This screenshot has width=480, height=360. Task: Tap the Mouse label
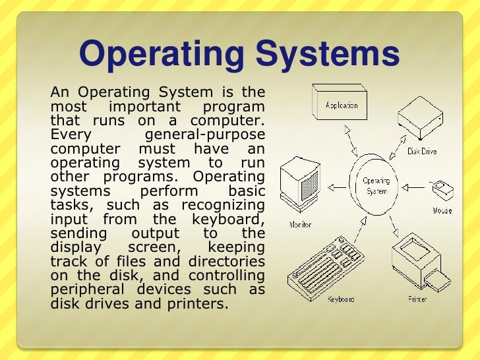tap(442, 211)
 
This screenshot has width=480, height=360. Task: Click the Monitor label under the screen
tap(300, 224)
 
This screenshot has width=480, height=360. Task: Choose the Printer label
tap(417, 300)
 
